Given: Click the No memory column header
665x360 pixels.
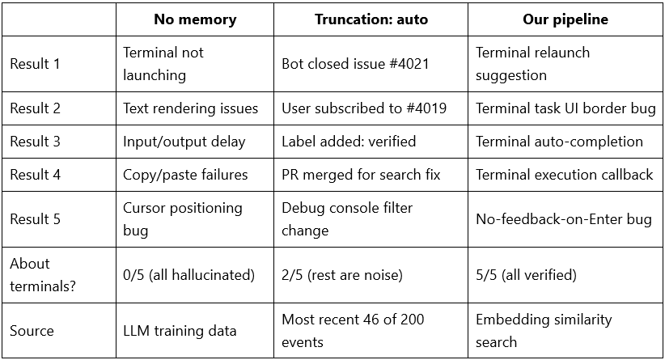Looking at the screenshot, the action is (195, 19).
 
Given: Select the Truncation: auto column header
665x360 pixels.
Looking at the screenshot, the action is (371, 19).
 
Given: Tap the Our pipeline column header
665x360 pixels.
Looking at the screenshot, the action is (565, 19).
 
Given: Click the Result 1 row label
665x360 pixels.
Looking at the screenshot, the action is (35, 64).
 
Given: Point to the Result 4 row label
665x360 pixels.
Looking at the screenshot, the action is (36, 174).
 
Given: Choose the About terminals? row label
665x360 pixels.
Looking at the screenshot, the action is (42, 275).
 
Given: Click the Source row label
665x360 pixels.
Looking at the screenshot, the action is (32, 330).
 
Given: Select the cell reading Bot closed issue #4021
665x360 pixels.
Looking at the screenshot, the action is (355, 64).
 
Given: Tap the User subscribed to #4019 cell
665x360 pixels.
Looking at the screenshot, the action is (364, 108).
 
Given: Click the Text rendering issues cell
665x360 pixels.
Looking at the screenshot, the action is (190, 108).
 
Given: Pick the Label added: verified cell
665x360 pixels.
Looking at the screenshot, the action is (349, 142).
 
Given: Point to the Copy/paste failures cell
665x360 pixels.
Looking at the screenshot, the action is (185, 174).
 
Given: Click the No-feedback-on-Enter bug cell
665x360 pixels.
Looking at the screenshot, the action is (564, 218).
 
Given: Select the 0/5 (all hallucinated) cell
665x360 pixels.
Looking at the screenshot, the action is (188, 275).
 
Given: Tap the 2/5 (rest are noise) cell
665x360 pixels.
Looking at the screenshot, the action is (342, 275).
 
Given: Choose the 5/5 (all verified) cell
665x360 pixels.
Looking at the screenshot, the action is (526, 275).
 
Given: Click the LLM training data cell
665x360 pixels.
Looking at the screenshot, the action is (180, 330).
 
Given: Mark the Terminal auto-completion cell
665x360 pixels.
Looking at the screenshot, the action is (559, 142).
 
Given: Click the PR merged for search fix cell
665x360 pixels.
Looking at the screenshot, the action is (361, 174).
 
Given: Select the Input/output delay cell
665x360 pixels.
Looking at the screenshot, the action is (184, 142).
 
